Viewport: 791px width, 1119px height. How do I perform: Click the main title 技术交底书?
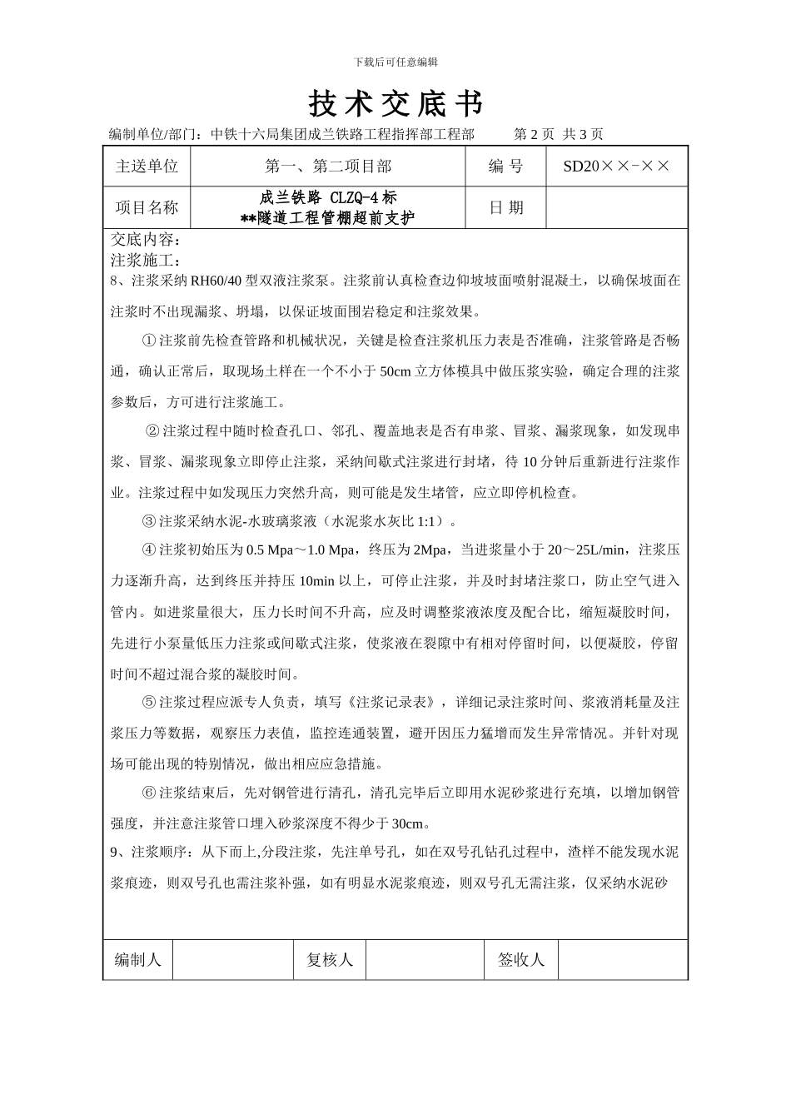coord(395,104)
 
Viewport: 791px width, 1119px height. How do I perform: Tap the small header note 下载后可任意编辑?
coord(395,62)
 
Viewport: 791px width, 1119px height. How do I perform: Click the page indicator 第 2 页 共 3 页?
coord(559,134)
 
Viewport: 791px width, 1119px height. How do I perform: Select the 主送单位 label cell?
coord(147,167)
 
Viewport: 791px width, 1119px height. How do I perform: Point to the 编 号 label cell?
coord(505,167)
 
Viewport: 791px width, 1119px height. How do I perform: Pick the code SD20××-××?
coord(616,167)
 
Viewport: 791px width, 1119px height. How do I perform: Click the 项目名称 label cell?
coord(147,207)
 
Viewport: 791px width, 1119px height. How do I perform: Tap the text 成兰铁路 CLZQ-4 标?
coord(328,198)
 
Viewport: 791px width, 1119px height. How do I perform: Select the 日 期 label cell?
coord(505,207)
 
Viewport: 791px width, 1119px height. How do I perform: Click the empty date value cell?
coord(616,207)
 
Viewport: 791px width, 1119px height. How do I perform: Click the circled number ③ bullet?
coord(149,522)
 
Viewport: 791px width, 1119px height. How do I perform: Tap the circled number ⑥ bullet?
coord(149,793)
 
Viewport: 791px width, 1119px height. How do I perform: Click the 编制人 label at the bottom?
coord(138,959)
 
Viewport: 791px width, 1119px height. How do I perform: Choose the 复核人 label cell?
coord(330,959)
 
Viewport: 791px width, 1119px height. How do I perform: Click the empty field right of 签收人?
coord(622,959)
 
